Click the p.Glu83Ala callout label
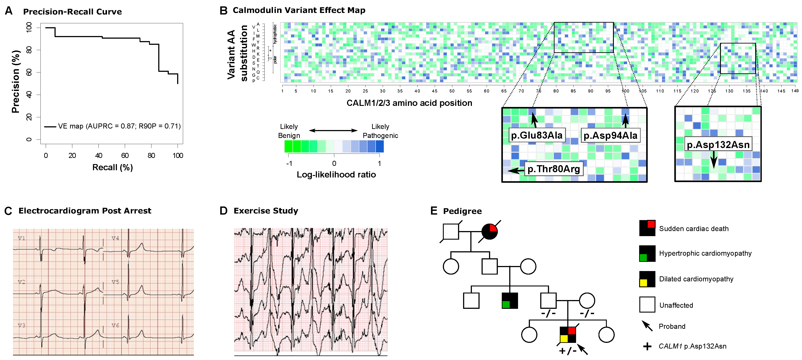pyautogui.click(x=537, y=135)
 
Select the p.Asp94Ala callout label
pyautogui.click(x=610, y=135)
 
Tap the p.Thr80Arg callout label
pyautogui.click(x=554, y=169)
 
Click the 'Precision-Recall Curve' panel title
pyautogui.click(x=72, y=12)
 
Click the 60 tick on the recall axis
pyautogui.click(x=125, y=156)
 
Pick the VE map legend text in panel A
pyautogui.click(x=119, y=126)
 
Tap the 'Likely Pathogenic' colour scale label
pyautogui.click(x=380, y=131)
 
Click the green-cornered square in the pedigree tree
pyautogui.click(x=510, y=300)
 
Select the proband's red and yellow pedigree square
pyautogui.click(x=567, y=335)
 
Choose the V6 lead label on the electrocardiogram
pyautogui.click(x=115, y=326)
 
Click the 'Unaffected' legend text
pyautogui.click(x=676, y=305)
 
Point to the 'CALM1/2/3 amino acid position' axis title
pyautogui.click(x=409, y=103)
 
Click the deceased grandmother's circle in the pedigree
pyautogui.click(x=489, y=232)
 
